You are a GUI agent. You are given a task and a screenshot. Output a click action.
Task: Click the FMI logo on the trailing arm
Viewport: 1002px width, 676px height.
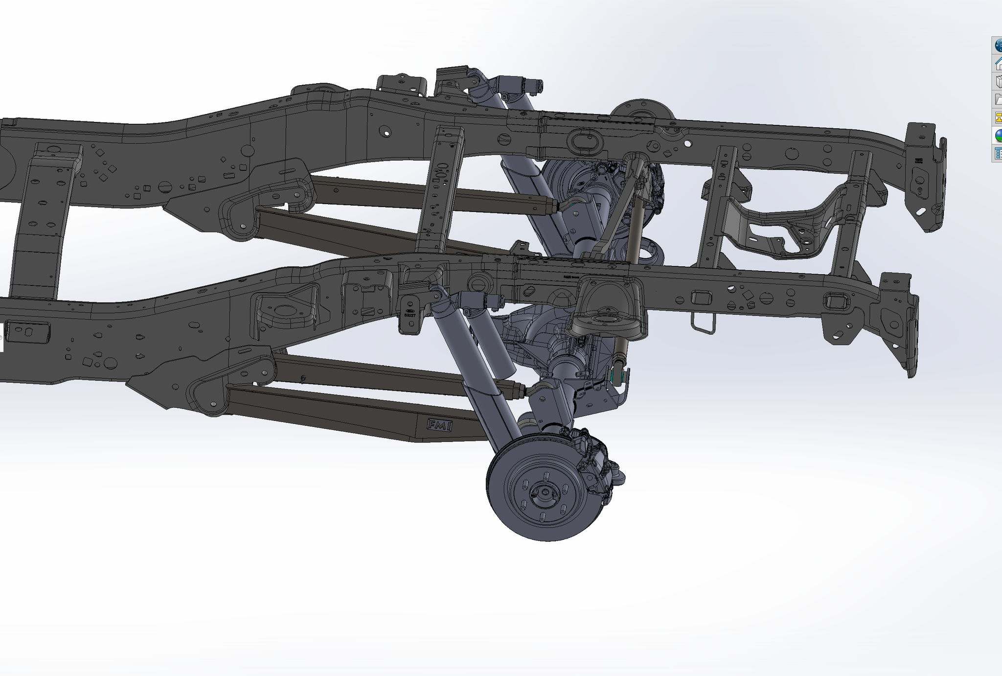pyautogui.click(x=439, y=425)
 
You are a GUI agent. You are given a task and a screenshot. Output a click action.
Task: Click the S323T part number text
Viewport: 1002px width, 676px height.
pyautogui.click(x=410, y=315)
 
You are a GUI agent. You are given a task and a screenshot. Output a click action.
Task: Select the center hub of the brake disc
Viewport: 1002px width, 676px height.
pyautogui.click(x=543, y=492)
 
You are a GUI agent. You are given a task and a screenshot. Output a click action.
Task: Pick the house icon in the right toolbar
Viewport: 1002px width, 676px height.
pyautogui.click(x=998, y=63)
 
